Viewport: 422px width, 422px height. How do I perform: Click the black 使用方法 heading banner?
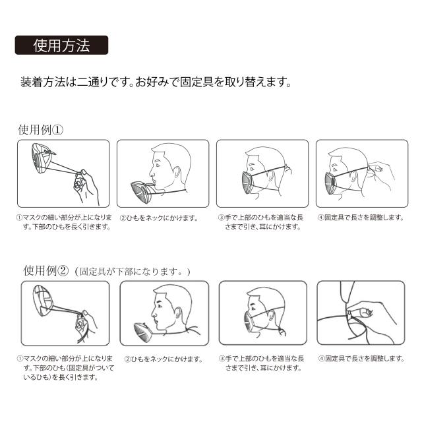click(61, 45)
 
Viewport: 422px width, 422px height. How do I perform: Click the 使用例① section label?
click(41, 130)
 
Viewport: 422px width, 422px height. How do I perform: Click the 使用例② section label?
click(46, 271)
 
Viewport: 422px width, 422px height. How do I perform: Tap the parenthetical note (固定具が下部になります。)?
click(133, 272)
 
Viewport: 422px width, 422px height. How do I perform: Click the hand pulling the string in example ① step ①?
click(86, 187)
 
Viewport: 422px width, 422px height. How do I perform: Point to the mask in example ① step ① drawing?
click(41, 158)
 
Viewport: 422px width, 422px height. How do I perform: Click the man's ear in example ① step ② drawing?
click(177, 173)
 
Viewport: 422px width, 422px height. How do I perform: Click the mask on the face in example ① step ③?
click(248, 183)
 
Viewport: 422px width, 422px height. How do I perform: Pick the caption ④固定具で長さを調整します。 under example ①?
click(361, 218)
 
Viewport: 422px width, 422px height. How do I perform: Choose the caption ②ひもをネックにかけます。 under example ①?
click(159, 218)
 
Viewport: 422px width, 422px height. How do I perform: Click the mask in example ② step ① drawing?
click(43, 301)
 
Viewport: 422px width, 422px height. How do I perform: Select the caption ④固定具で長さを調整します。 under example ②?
click(362, 359)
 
